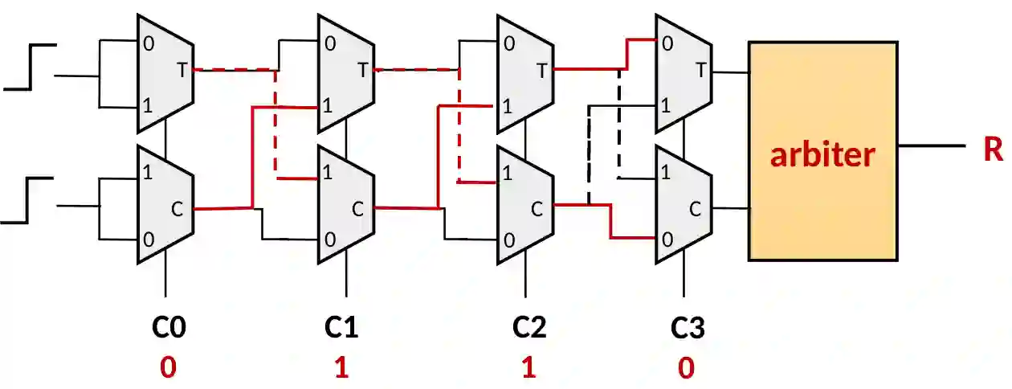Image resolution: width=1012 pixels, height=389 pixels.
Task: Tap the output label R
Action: coord(994,149)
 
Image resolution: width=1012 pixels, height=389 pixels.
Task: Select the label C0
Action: coord(169,328)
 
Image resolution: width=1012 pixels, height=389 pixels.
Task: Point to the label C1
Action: coord(341,328)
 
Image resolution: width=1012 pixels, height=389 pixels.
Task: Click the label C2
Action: coord(529,328)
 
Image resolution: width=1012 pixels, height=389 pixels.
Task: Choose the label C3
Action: coord(688,328)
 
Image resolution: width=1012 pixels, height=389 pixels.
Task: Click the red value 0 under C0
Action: coord(168,368)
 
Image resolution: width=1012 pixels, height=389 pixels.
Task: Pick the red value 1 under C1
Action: coord(341,368)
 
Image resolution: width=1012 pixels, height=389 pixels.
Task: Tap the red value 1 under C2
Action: coord(528,368)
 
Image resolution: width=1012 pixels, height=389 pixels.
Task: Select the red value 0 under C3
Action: coord(687,368)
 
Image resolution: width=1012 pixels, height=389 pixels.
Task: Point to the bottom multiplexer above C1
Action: coord(346,205)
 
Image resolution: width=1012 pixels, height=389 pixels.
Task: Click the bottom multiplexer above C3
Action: coord(683,205)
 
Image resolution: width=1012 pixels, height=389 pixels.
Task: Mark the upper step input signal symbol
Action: coord(31,68)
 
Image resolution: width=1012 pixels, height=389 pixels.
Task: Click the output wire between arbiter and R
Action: coord(932,146)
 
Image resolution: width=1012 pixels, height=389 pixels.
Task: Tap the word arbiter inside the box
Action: coord(822,154)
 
